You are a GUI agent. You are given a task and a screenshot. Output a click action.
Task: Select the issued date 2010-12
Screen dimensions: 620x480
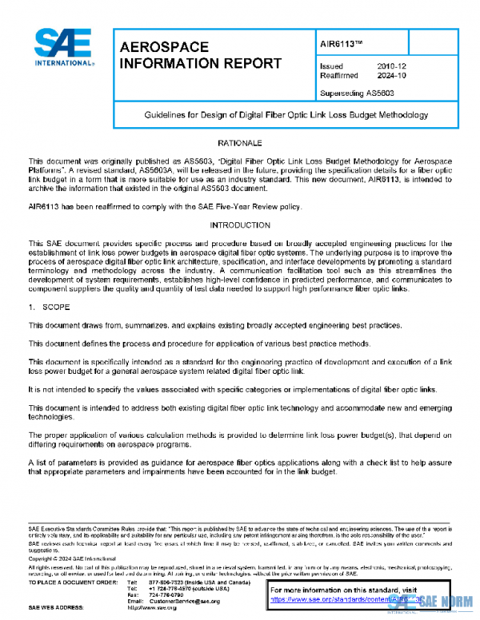(x=390, y=66)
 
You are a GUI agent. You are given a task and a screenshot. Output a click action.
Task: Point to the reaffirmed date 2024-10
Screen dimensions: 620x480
(x=390, y=75)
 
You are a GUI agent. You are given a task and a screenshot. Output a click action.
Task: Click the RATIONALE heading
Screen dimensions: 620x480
(x=240, y=142)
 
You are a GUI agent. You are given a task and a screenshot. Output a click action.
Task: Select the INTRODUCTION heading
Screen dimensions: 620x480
(x=240, y=226)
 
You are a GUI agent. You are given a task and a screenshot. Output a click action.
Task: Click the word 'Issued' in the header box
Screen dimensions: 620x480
(x=331, y=66)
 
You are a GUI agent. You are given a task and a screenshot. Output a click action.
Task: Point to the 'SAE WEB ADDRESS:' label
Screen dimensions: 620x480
(x=58, y=608)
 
